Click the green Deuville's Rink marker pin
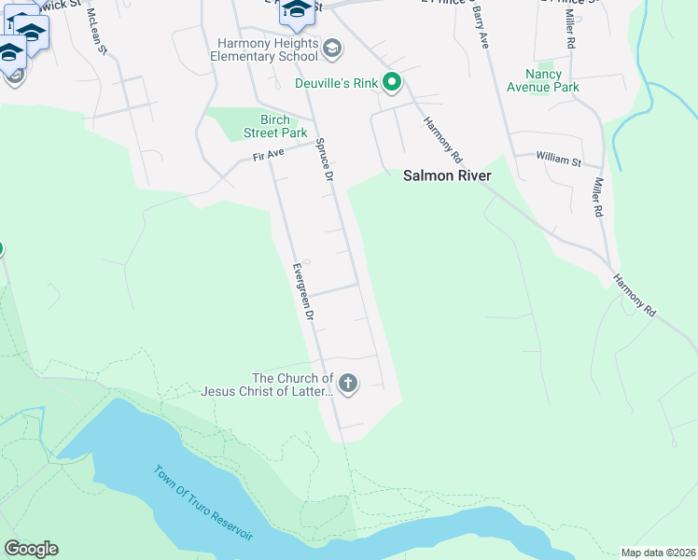click(392, 84)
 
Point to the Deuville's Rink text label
click(336, 84)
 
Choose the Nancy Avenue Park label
click(552, 81)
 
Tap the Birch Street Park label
click(283, 126)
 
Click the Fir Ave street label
click(268, 156)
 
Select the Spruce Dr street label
click(324, 158)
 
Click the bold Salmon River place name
click(446, 175)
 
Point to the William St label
click(559, 161)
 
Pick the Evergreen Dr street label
click(300, 291)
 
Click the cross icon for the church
click(348, 384)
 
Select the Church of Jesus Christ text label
click(267, 385)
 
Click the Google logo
click(31, 549)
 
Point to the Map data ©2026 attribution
click(657, 553)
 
